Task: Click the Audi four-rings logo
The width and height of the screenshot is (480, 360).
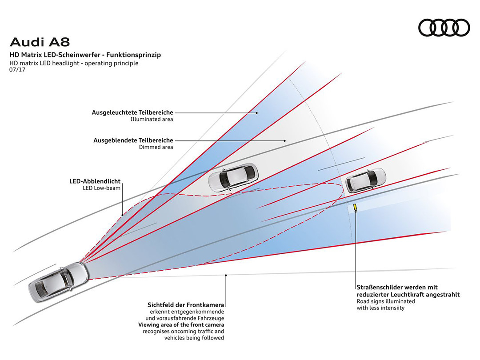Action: [444, 28]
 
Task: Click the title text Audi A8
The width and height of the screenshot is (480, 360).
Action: [40, 43]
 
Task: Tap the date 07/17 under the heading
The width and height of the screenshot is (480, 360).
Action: [17, 70]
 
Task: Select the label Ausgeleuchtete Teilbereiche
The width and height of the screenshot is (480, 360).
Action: [132, 112]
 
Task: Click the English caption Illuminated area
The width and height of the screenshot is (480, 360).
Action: [152, 120]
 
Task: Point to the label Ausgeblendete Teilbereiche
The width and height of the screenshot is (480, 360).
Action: [133, 140]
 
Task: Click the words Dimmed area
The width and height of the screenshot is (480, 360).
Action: [156, 147]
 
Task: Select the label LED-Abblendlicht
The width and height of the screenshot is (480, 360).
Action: [95, 181]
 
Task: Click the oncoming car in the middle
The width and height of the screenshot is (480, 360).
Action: [233, 178]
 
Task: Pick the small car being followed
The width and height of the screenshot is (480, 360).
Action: [366, 180]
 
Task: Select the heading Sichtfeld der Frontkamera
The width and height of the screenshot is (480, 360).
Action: [186, 305]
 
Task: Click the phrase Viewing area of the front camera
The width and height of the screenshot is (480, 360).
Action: [181, 325]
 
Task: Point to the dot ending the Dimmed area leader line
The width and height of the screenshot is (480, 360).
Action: [284, 140]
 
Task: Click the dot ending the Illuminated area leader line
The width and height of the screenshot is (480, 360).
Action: [257, 113]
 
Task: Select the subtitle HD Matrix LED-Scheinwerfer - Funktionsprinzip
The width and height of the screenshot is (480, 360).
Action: [85, 55]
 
